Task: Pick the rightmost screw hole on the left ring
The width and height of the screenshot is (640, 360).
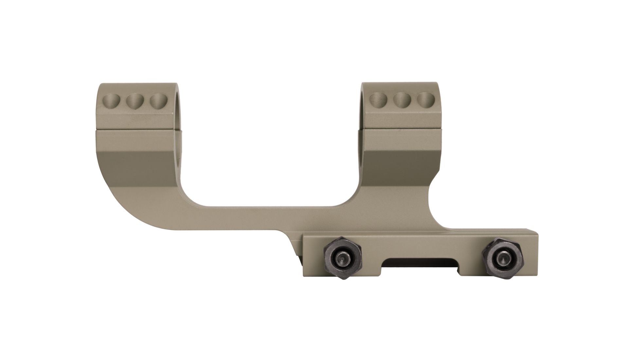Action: (158, 102)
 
